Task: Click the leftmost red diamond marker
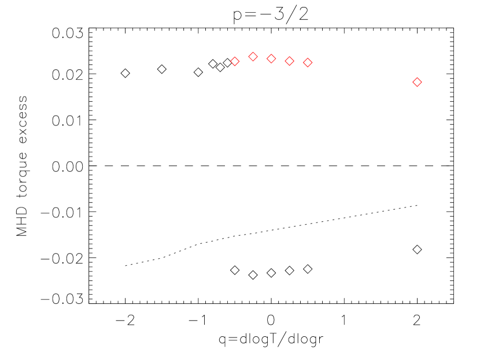[235, 61]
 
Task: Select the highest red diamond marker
[253, 57]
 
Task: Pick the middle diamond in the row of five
[271, 58]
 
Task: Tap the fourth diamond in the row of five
[289, 61]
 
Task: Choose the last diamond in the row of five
[308, 62]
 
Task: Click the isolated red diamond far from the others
[417, 82]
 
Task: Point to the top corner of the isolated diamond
[417, 77]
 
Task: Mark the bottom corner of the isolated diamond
[417, 87]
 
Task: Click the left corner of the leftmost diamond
[230, 61]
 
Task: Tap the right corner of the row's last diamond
[312, 62]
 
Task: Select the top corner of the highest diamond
[253, 52]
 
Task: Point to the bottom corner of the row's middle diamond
[271, 63]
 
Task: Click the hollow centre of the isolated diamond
[417, 82]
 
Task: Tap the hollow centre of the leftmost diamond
[235, 61]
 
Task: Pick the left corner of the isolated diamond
[412, 82]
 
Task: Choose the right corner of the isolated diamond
[422, 82]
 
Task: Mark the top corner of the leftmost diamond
[235, 57]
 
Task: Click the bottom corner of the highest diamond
[253, 61]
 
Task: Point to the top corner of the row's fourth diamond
[289, 57]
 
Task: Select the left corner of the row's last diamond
[303, 62]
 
